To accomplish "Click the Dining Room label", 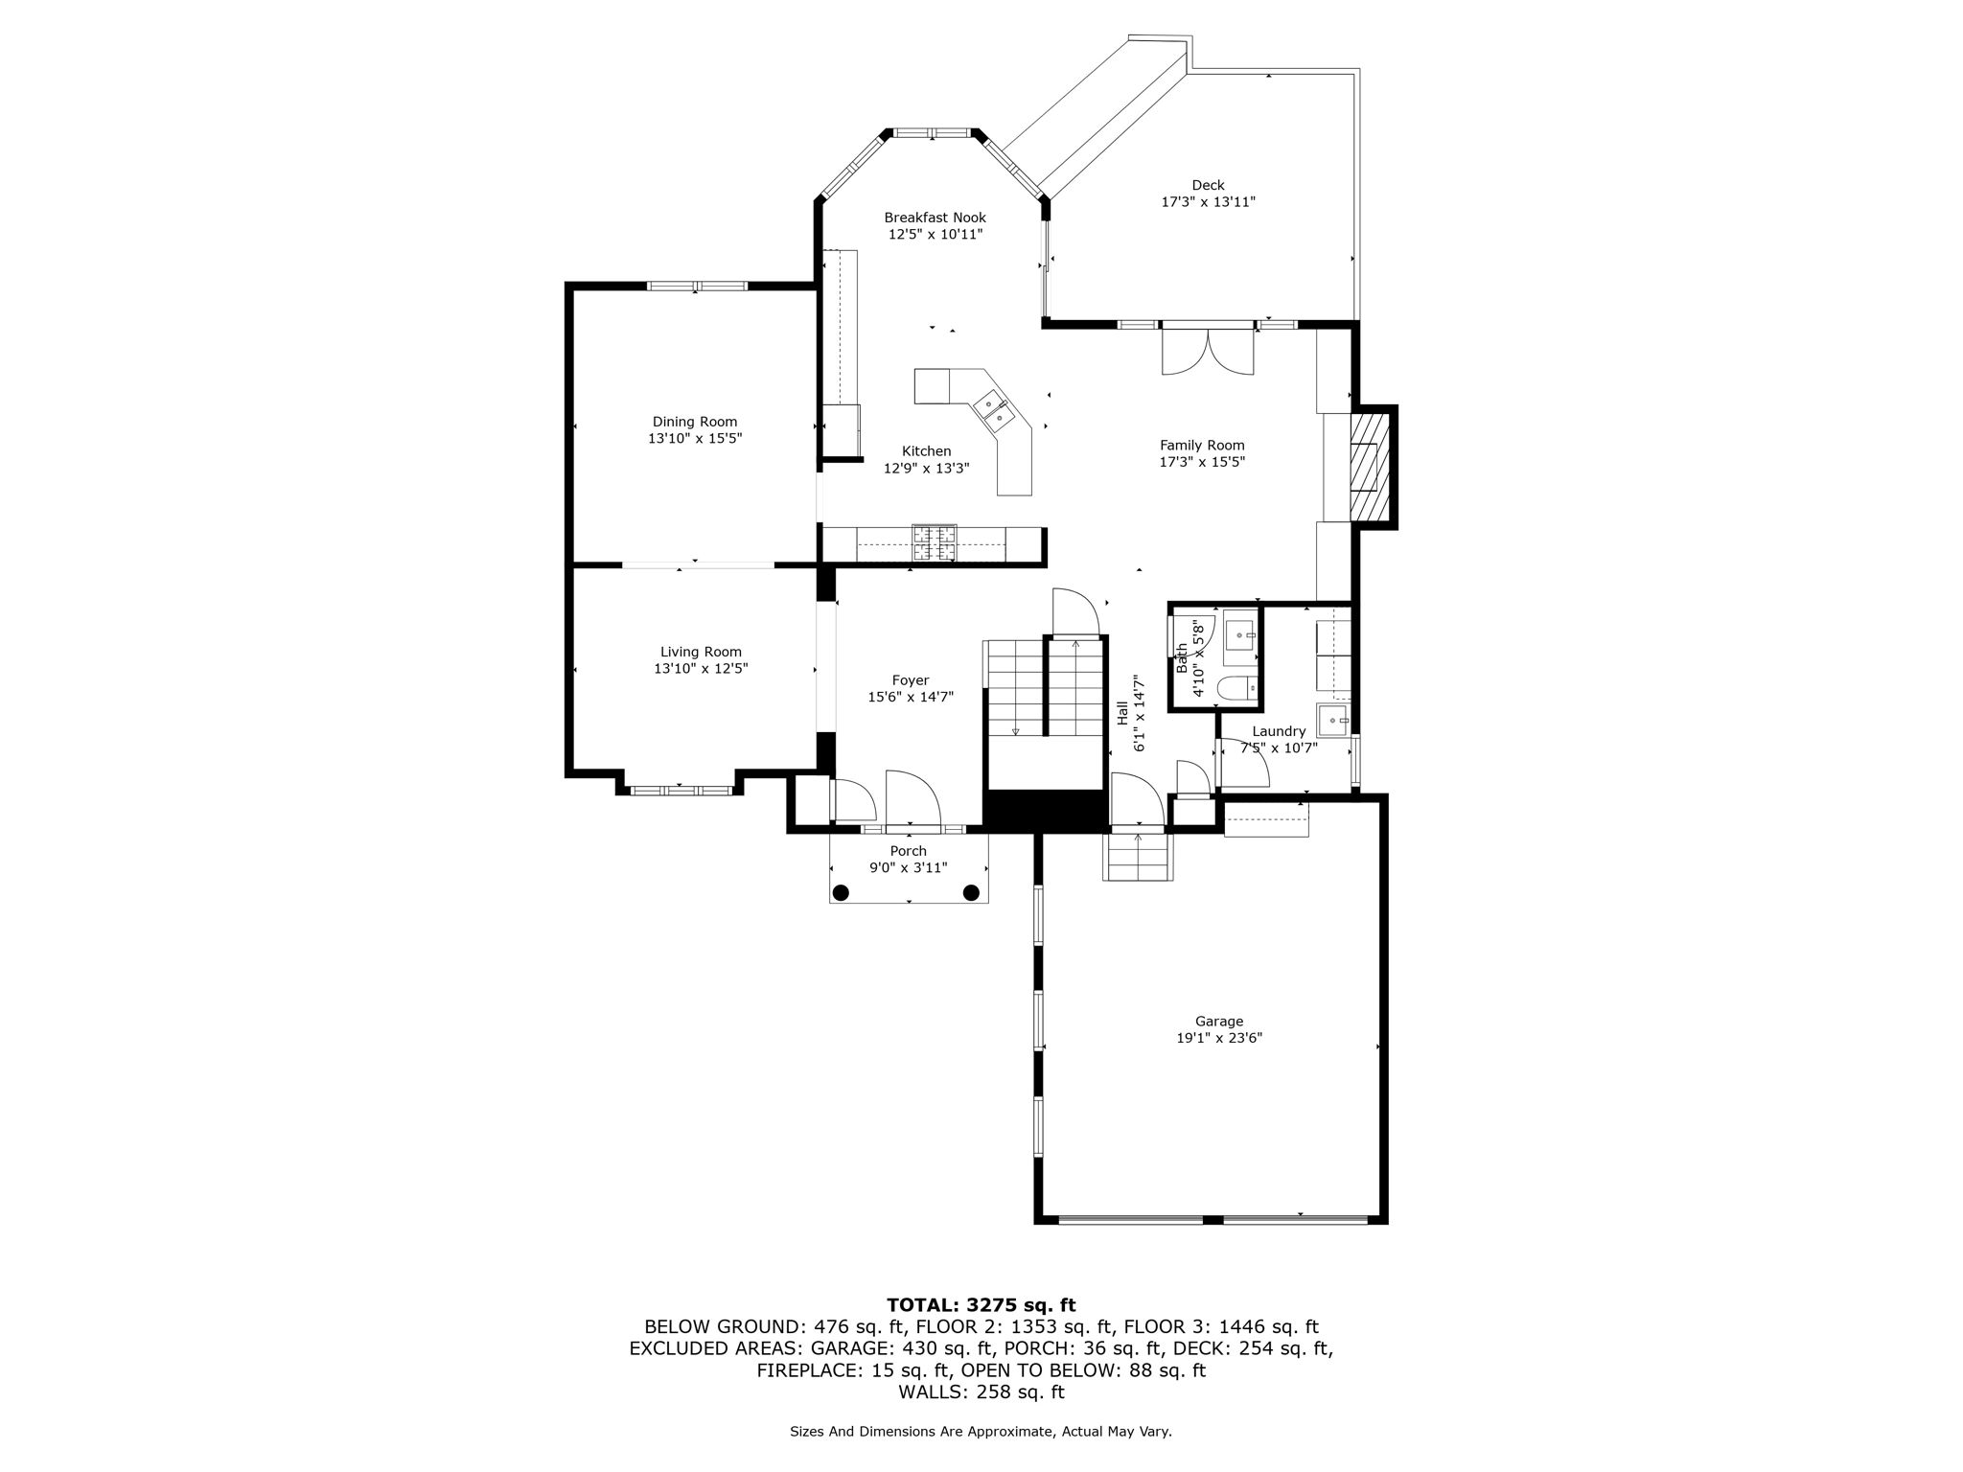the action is (x=695, y=422).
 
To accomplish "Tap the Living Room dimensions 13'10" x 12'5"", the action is (x=701, y=669).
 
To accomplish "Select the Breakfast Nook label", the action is (x=935, y=218).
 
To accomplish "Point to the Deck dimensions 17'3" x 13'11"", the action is (x=1208, y=202).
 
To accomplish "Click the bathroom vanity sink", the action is (x=1243, y=634).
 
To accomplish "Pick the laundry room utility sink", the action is (x=1333, y=718).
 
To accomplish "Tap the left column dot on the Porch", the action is (x=841, y=893).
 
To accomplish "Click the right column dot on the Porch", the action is (x=971, y=893).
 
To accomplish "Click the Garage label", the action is (x=1219, y=1022).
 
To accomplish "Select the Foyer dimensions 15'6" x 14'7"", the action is (x=911, y=698).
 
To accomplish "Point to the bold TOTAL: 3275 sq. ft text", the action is (x=981, y=1305).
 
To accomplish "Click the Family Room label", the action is (x=1202, y=445).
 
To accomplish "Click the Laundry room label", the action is (x=1279, y=731).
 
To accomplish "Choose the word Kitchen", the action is (x=927, y=451).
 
